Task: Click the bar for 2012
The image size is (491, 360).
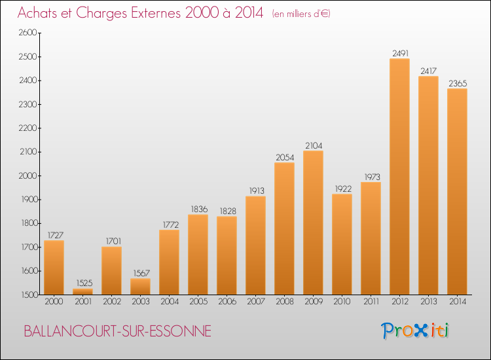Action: tap(399, 177)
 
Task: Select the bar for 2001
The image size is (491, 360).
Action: tap(82, 291)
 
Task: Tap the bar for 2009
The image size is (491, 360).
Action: tap(313, 223)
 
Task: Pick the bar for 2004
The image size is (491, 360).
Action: tap(169, 262)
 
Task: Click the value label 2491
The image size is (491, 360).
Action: tap(399, 53)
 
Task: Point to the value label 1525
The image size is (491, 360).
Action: tap(82, 283)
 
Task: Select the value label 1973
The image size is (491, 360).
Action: tap(371, 177)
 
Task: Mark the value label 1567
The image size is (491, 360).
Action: tap(140, 273)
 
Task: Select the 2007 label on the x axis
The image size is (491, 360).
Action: tap(255, 303)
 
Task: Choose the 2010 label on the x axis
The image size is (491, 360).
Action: tap(342, 303)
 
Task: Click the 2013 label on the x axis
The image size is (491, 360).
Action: tap(428, 303)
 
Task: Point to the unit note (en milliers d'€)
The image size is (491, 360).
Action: tap(301, 14)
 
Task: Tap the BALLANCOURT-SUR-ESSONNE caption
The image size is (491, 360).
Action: tap(117, 331)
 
